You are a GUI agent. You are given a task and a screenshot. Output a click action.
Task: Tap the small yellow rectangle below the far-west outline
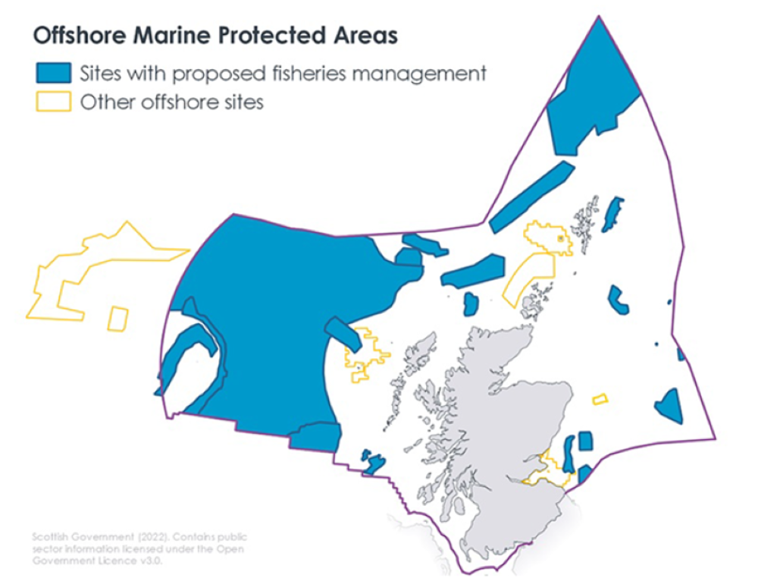pyautogui.click(x=117, y=319)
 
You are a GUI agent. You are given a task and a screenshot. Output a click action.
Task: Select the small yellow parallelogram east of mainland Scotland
pyautogui.click(x=600, y=398)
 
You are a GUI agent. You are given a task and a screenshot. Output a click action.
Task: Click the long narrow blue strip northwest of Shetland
pyautogui.click(x=531, y=196)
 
